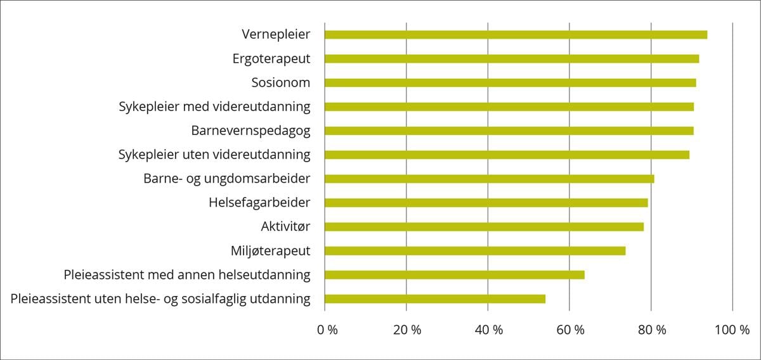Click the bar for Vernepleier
[x=516, y=35]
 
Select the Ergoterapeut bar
[x=512, y=59]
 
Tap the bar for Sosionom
[x=510, y=83]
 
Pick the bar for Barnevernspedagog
[x=509, y=131]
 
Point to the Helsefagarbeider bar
[x=486, y=203]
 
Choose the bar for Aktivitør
[x=484, y=227]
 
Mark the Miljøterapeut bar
[x=475, y=251]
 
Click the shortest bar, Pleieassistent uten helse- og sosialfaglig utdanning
[x=435, y=299]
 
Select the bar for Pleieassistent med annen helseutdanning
[x=454, y=275]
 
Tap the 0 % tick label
[x=328, y=330]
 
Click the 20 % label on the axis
[x=407, y=330]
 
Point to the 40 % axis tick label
[x=489, y=330]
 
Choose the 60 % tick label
[x=571, y=330]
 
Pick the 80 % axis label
[x=652, y=330]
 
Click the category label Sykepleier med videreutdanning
[x=214, y=106]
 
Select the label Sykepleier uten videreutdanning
[x=214, y=155]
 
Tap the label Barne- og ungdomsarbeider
[x=227, y=179]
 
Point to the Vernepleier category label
[x=276, y=34]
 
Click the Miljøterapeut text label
[x=270, y=251]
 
